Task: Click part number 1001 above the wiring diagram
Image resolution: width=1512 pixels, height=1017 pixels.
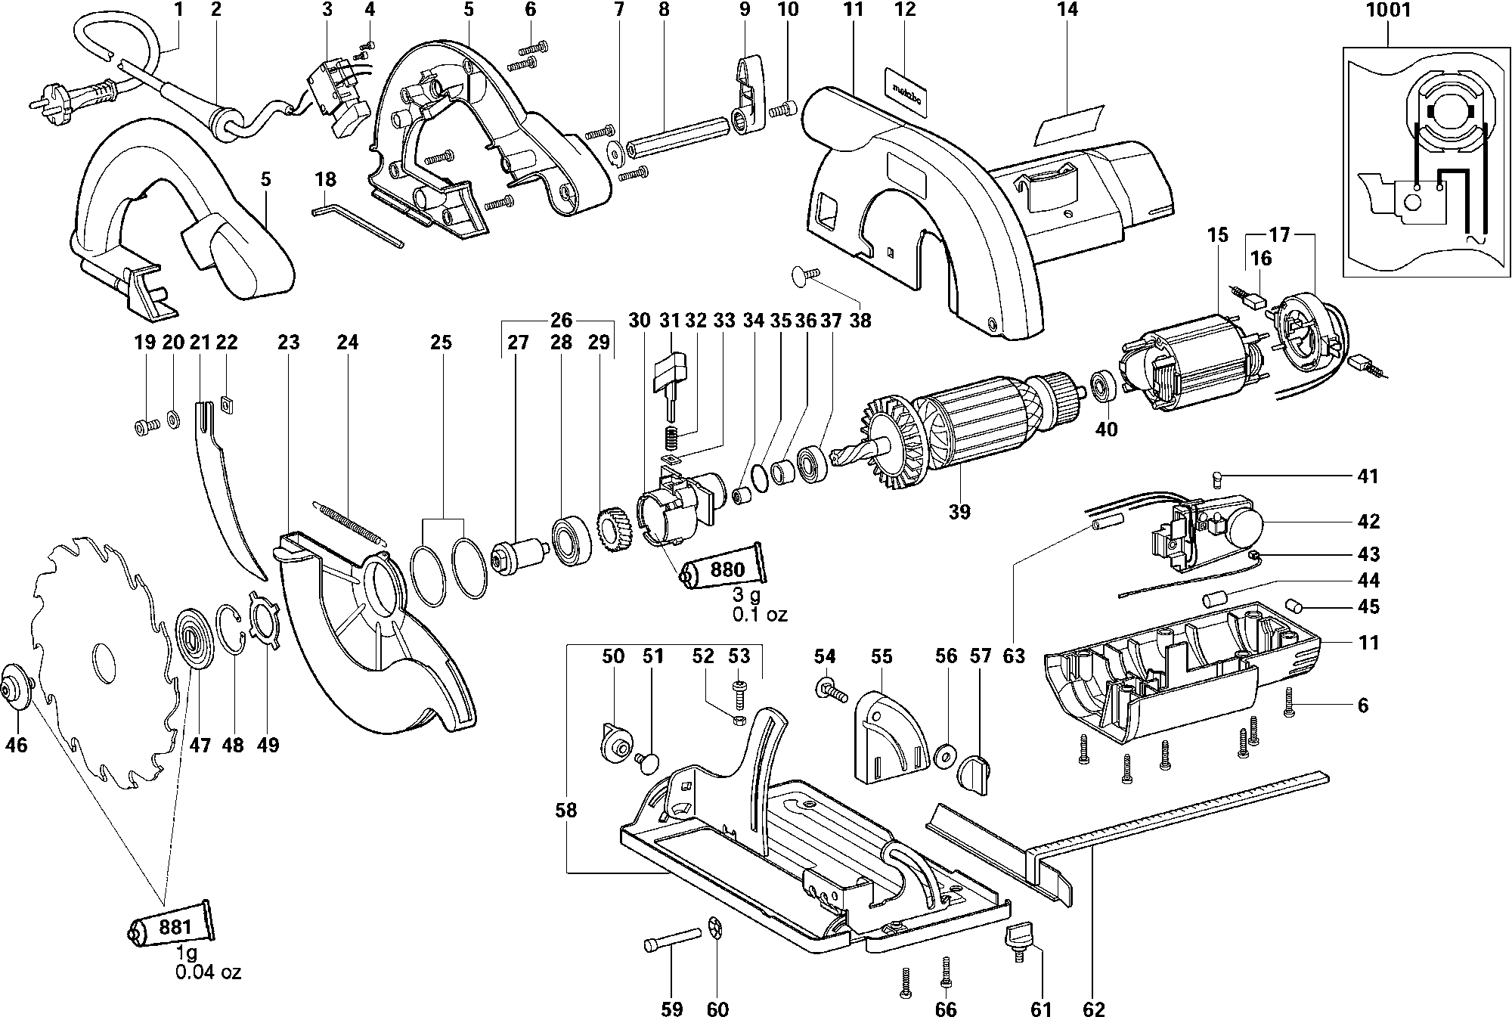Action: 1388,10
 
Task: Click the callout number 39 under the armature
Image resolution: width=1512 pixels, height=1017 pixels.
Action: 959,512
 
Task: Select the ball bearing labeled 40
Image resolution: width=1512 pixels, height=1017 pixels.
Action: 1105,386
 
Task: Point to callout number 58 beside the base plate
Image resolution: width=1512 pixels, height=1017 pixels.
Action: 565,811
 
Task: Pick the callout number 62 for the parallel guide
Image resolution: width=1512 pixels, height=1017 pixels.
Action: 1094,1009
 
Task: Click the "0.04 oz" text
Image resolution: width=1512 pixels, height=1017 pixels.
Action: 208,972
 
